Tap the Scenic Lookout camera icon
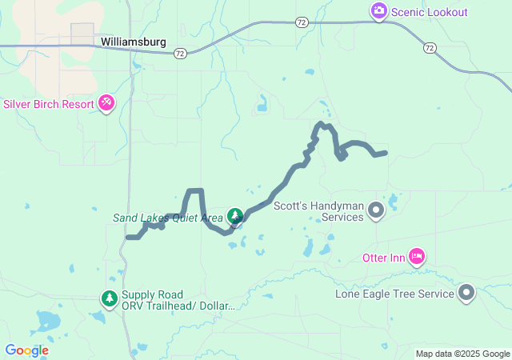click(378, 11)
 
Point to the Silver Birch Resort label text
click(48, 104)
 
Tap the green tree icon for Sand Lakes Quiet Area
click(235, 216)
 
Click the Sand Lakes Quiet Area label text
click(168, 218)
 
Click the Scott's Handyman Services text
click(318, 211)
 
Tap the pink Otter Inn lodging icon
click(416, 256)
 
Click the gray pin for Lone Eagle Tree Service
click(467, 294)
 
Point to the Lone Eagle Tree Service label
click(394, 294)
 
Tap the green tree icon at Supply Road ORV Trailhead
click(109, 298)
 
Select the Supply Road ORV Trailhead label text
click(178, 301)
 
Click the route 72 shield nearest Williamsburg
click(180, 54)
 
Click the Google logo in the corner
click(26, 350)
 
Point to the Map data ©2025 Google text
click(462, 354)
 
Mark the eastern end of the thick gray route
click(386, 152)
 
